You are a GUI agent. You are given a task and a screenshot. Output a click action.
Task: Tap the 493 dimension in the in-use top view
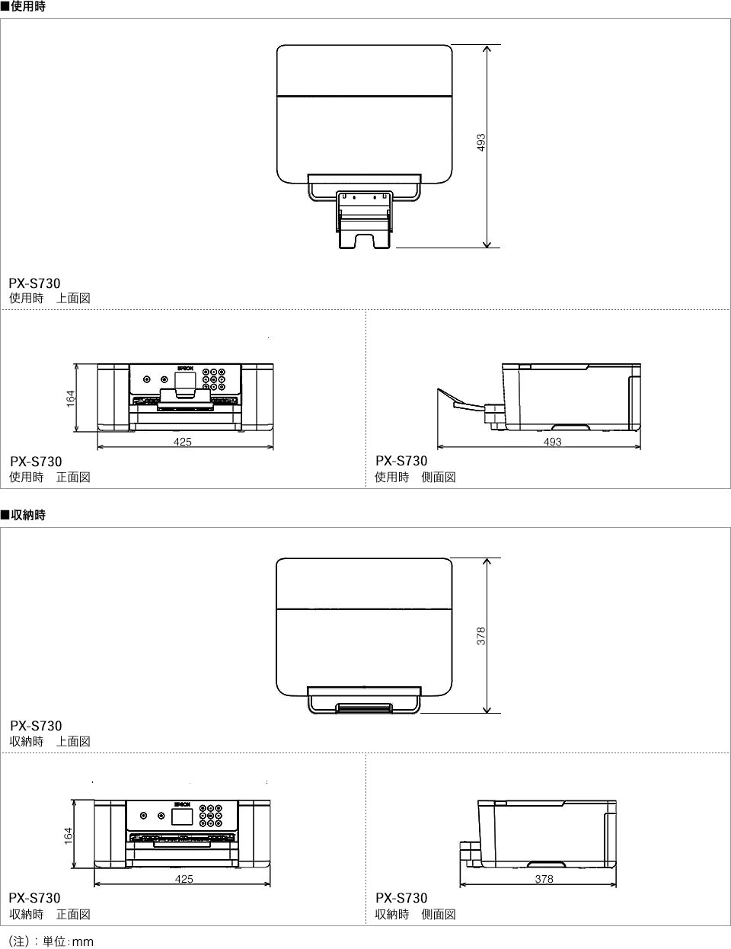[x=480, y=142]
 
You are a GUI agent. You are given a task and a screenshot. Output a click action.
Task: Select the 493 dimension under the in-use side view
[x=552, y=442]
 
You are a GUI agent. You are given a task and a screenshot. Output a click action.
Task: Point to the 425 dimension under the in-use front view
[x=183, y=442]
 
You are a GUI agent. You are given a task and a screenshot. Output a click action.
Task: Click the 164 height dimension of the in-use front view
[x=70, y=399]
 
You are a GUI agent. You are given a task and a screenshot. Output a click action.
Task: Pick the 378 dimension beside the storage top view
[x=480, y=636]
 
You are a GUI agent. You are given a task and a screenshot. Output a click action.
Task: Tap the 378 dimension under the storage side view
[x=544, y=879]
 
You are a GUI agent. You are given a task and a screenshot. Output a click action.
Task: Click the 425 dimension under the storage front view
[x=184, y=879]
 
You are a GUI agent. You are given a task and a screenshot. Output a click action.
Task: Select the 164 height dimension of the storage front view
[x=68, y=836]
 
